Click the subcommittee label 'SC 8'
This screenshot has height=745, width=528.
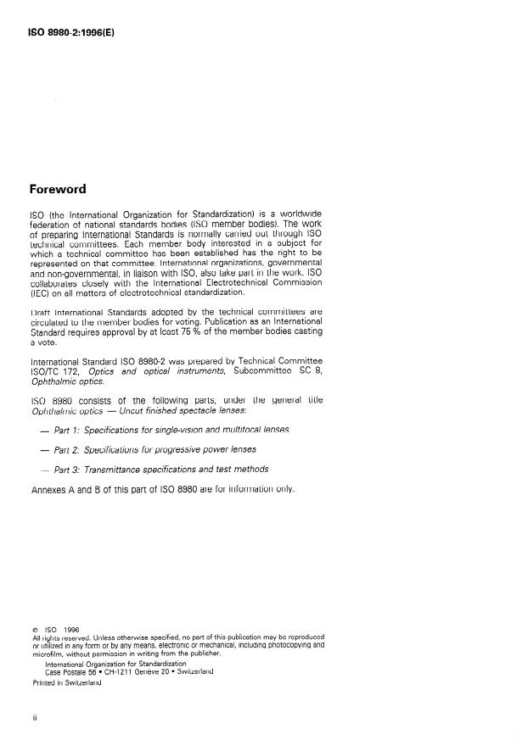309,370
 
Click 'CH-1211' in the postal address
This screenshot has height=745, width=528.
117,671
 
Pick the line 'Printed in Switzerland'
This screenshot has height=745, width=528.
66,683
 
